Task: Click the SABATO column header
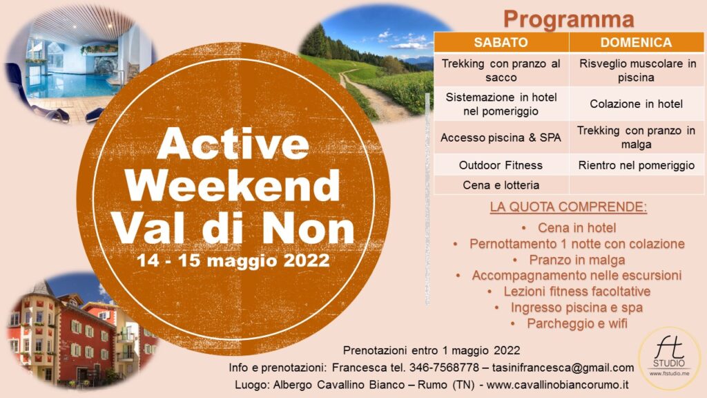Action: (x=501, y=42)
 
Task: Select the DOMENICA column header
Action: (x=636, y=42)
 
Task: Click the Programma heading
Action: (x=569, y=19)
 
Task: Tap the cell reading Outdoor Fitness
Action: (x=501, y=165)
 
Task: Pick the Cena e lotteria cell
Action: (x=501, y=185)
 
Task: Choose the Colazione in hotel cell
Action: (x=636, y=104)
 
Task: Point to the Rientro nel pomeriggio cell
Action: (x=636, y=165)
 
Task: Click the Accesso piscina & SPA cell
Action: (x=501, y=138)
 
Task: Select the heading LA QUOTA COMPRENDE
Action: (x=568, y=207)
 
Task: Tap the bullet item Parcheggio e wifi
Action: (x=577, y=323)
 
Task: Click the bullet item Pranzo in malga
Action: (x=577, y=260)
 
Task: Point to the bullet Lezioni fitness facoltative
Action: (x=577, y=292)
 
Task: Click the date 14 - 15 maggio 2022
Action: (x=233, y=260)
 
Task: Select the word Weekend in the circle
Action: (x=233, y=185)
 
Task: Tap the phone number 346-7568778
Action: (x=444, y=368)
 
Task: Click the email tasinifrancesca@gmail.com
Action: (x=563, y=368)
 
